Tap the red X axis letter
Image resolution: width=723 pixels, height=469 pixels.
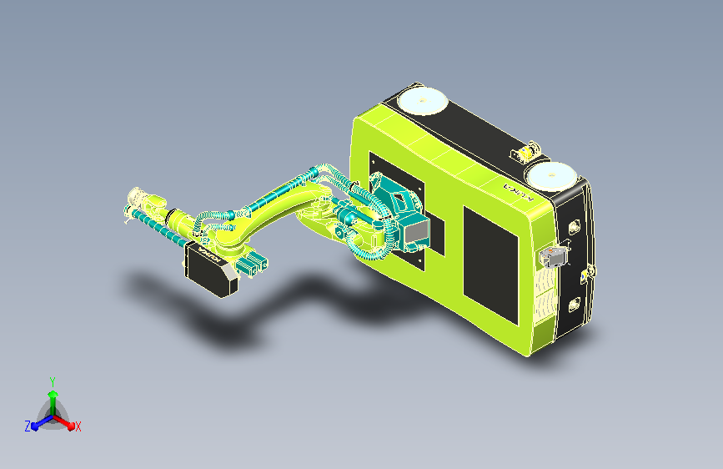[78, 427]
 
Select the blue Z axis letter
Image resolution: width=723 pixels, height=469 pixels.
[28, 426]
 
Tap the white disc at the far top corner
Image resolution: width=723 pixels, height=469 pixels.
[421, 102]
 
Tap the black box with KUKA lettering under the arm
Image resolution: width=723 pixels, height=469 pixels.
[210, 269]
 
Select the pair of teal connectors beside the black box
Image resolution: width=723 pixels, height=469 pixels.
[251, 265]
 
